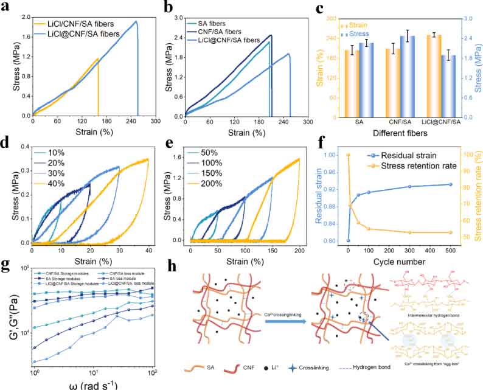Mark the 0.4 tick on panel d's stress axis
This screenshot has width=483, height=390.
tap(23, 147)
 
